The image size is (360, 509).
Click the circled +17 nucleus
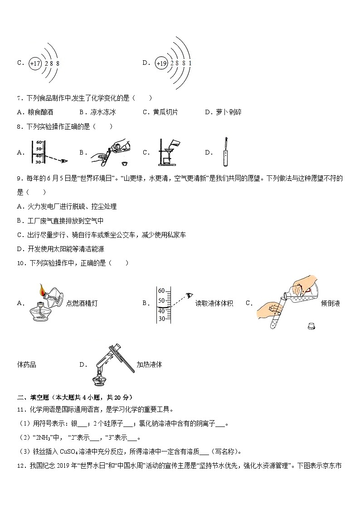point(35,64)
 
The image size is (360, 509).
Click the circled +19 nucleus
point(161,64)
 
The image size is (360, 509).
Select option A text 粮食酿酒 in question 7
point(40,112)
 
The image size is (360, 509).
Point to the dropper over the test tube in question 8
point(224,152)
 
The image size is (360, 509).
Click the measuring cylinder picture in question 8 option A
point(39,152)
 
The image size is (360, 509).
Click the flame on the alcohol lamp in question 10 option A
point(42,288)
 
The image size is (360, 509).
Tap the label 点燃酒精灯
point(82,303)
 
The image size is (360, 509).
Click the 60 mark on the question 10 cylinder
point(161,291)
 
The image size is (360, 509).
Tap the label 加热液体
point(149,364)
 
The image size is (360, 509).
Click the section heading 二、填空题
point(32,398)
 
